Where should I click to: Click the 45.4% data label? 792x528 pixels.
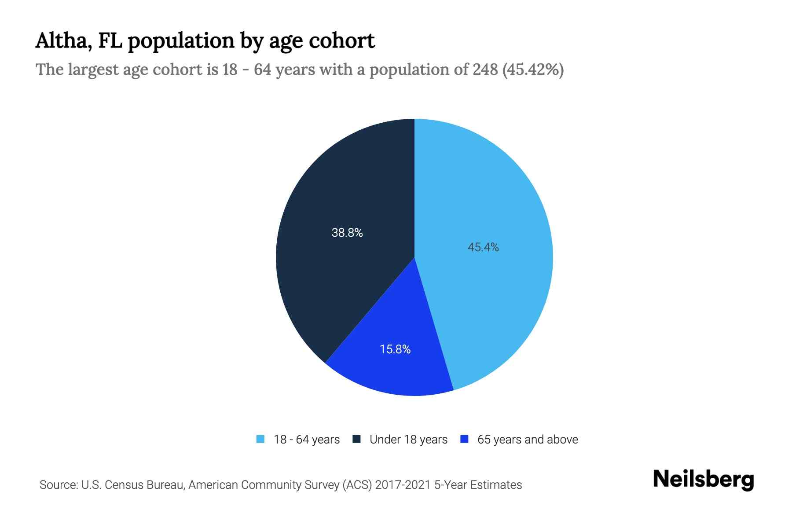point(483,247)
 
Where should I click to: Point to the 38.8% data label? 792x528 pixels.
point(347,233)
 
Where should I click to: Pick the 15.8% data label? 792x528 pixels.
point(395,349)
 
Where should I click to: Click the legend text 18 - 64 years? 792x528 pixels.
point(307,440)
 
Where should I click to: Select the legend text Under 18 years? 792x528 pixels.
point(408,440)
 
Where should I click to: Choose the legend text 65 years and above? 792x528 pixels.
point(528,440)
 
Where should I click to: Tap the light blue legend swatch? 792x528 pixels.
point(260,439)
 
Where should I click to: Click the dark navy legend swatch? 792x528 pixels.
point(356,439)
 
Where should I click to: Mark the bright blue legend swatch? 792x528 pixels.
point(464,439)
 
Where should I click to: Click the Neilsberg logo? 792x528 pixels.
point(703,480)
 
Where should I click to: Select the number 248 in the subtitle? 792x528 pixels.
point(485,70)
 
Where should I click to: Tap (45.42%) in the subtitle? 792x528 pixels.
point(533,70)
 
